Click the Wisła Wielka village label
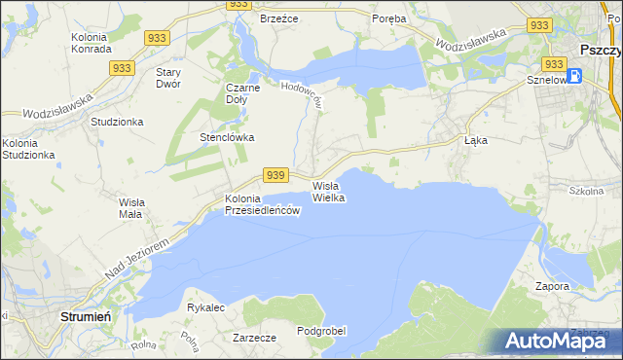(x=328, y=191)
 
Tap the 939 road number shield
(x=276, y=175)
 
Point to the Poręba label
(x=389, y=18)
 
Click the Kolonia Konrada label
(x=94, y=43)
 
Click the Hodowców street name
(x=301, y=95)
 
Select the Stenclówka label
(x=227, y=137)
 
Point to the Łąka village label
(x=475, y=140)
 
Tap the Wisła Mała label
(x=130, y=208)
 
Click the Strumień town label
(x=89, y=316)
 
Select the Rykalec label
(x=206, y=307)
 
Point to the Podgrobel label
(x=321, y=331)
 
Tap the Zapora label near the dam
(x=552, y=287)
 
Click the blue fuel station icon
(x=574, y=75)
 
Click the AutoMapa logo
(x=556, y=341)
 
